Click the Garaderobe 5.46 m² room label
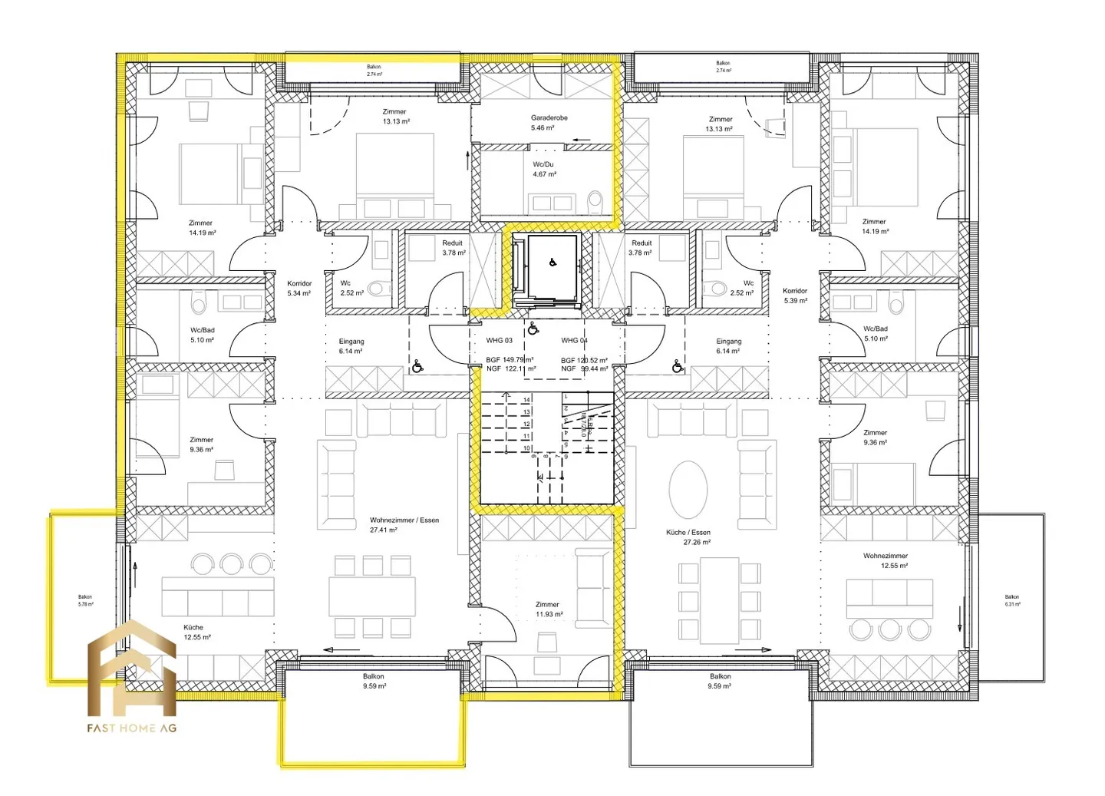549,123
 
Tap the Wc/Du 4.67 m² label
543,169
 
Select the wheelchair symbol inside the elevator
552,263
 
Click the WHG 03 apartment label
499,340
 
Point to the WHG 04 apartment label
574,340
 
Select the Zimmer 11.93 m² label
548,609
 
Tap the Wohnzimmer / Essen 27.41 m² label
404,524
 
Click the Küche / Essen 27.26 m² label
688,537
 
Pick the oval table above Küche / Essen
688,489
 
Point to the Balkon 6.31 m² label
1012,600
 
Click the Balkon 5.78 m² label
85,600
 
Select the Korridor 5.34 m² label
299,288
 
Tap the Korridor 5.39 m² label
795,296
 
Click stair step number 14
526,400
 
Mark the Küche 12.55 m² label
196,632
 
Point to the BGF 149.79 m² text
510,359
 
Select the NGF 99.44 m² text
584,369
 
